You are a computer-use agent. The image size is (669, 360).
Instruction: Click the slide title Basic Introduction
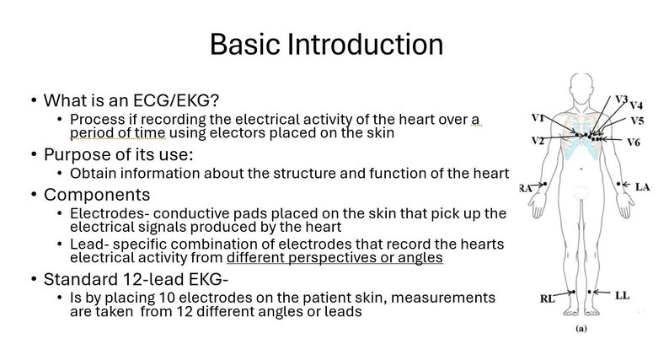(x=326, y=44)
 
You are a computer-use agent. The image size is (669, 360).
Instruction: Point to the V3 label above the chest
(x=620, y=99)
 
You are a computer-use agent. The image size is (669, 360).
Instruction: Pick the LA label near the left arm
(x=643, y=185)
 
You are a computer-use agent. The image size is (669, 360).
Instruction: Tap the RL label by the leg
(x=548, y=298)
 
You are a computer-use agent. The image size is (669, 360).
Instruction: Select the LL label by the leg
(x=622, y=294)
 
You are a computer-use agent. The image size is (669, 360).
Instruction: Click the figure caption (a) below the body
(x=581, y=330)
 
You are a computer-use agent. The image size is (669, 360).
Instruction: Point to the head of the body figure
(x=582, y=85)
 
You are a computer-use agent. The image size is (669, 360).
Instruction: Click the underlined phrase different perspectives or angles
(x=335, y=258)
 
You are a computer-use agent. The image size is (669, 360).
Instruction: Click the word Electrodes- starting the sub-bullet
(x=107, y=213)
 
